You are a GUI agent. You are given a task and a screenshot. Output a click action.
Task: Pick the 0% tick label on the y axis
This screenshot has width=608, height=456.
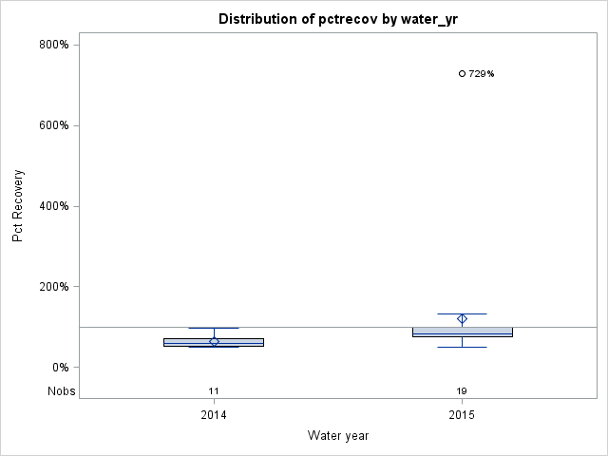[62, 368]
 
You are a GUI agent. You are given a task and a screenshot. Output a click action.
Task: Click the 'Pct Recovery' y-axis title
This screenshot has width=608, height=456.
[18, 206]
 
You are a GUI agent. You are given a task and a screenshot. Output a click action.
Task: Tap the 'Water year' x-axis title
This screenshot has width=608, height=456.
[338, 435]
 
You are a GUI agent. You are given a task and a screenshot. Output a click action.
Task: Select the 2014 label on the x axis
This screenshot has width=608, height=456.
[214, 416]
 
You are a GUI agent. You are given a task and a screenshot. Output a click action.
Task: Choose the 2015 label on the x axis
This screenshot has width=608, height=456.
[462, 416]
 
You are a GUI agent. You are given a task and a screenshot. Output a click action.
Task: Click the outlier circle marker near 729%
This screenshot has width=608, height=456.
[463, 73]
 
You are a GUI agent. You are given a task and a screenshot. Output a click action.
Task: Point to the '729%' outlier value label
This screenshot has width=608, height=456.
[482, 74]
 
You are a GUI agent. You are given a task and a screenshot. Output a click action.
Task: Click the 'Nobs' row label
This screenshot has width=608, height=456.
[62, 391]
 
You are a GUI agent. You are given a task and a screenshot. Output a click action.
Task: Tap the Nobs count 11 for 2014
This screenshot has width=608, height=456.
[214, 391]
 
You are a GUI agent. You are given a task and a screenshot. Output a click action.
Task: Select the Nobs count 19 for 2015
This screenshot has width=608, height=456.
[462, 391]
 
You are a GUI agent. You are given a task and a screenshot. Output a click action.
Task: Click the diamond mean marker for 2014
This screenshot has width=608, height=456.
[214, 341]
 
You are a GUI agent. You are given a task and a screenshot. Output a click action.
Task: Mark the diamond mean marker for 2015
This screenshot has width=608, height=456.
[463, 319]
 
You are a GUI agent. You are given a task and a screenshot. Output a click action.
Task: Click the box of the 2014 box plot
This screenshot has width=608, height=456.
[190, 342]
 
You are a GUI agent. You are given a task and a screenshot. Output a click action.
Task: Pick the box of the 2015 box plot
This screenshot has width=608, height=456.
[437, 332]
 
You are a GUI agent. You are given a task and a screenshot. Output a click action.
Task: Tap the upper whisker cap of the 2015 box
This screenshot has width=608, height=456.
[463, 313]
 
